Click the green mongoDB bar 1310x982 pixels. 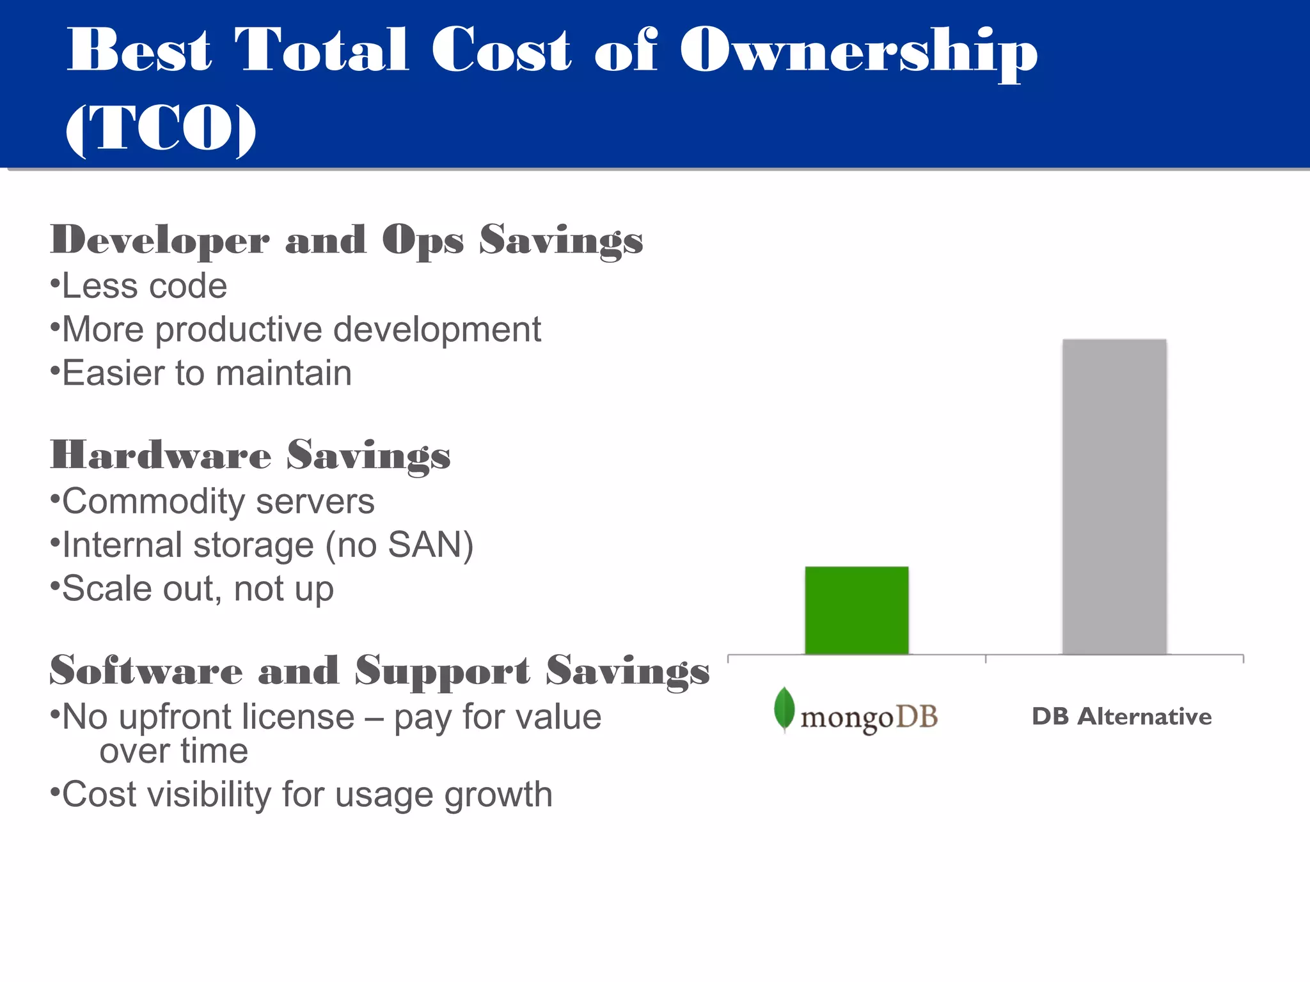[856, 610]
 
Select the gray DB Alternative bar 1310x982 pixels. [1114, 497]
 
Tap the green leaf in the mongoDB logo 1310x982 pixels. [784, 709]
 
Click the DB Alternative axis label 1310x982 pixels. [1121, 717]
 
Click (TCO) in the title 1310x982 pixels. [161, 128]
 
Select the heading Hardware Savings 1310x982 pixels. [250, 455]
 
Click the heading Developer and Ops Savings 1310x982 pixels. [346, 240]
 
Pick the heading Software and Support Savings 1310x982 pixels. [379, 671]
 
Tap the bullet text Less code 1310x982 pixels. [144, 286]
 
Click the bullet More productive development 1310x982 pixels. [301, 330]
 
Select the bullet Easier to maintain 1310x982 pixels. [206, 373]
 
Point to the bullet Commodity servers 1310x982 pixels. [217, 501]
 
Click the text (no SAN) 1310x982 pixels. [399, 545]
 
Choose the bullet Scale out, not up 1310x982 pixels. [197, 588]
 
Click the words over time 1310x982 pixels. [173, 751]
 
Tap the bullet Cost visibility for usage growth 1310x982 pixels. [306, 795]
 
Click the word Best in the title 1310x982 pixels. [139, 50]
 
